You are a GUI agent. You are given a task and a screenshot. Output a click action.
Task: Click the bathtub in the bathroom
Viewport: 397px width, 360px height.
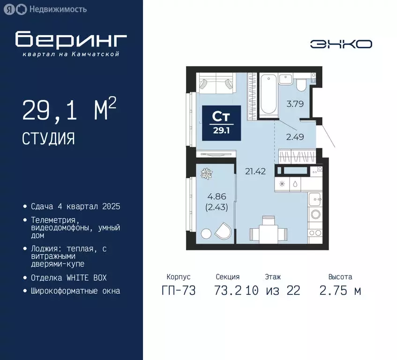click(x=269, y=94)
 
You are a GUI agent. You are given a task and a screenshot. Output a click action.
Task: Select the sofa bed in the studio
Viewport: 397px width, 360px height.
click(x=215, y=83)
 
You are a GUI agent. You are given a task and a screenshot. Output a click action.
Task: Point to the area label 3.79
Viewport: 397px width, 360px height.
click(x=295, y=104)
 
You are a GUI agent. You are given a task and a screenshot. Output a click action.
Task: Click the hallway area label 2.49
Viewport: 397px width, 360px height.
click(x=295, y=137)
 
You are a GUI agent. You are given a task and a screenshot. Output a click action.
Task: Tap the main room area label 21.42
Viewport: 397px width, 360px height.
click(x=255, y=171)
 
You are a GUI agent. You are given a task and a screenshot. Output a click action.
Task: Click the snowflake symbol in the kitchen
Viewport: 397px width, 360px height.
click(x=282, y=184)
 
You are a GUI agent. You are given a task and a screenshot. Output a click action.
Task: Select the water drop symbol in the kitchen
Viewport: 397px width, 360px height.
click(x=297, y=184)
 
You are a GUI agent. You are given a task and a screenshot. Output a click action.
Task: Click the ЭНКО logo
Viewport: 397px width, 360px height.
click(x=341, y=44)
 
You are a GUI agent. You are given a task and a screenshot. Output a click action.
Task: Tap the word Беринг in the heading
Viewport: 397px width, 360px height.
click(x=71, y=40)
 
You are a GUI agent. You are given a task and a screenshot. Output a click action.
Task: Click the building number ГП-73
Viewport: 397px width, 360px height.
click(x=179, y=291)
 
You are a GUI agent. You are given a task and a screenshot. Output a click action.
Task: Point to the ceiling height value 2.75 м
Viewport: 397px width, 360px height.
click(x=340, y=291)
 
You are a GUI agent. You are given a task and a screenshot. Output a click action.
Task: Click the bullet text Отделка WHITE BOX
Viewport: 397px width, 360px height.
click(x=69, y=277)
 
